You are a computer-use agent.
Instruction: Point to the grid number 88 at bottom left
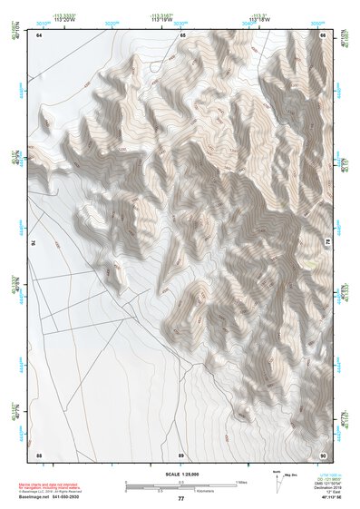[x=39, y=454]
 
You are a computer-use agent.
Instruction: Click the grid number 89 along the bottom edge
[x=181, y=454]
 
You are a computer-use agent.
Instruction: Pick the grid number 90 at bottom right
[x=323, y=454]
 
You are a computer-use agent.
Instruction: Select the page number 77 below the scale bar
[x=180, y=498]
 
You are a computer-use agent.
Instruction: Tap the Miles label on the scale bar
[x=240, y=481]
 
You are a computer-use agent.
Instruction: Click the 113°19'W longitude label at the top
[x=161, y=18]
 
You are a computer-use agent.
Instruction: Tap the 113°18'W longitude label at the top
[x=260, y=18]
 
